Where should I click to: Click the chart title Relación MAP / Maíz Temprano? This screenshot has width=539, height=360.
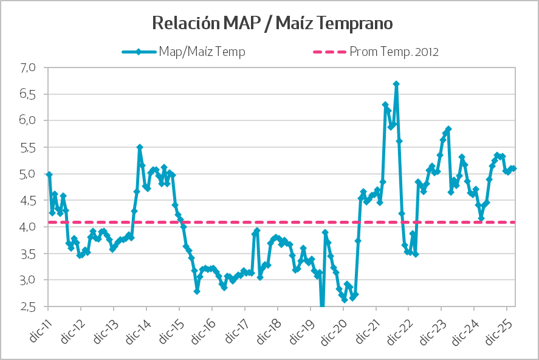[x=272, y=24]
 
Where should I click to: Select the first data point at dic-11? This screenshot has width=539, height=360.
[x=49, y=175]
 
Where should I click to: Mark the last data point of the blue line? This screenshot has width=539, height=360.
[x=514, y=168]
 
